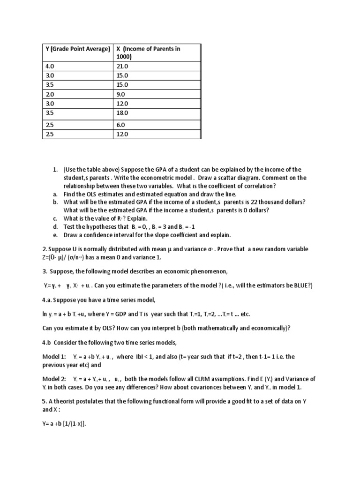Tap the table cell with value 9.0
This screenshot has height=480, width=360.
point(121,94)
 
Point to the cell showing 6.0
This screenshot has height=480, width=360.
point(121,125)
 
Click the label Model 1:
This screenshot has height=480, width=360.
point(54,357)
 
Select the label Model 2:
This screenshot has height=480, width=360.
point(54,378)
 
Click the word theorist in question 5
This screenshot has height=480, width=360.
point(67,401)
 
